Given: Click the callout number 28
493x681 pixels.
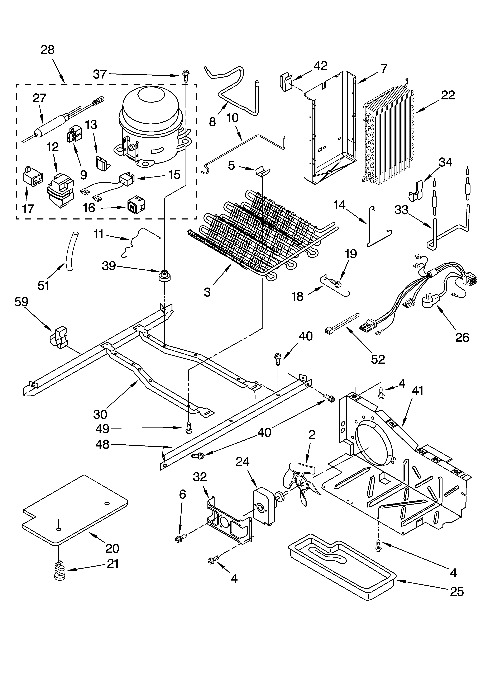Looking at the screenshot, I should point(47,50).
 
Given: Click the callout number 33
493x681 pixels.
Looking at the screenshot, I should point(401,210).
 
